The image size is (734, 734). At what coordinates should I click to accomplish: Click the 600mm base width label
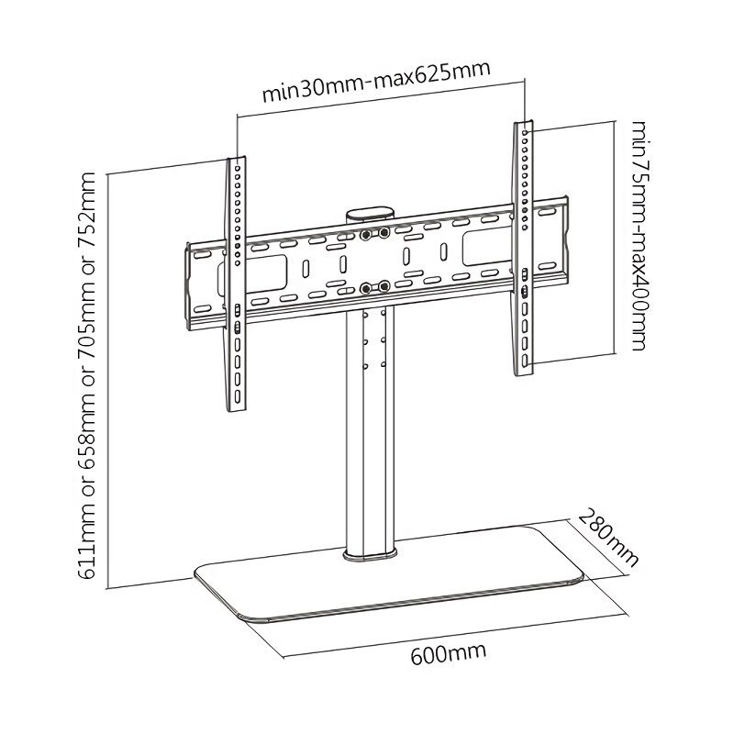pyautogui.click(x=448, y=653)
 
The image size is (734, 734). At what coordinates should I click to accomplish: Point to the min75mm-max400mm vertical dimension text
pyautogui.click(x=639, y=236)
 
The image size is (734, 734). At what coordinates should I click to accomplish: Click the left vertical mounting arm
pyautogui.click(x=237, y=284)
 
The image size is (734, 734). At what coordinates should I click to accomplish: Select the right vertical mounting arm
pyautogui.click(x=523, y=248)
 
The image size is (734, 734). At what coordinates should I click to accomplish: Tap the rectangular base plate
pyautogui.click(x=388, y=573)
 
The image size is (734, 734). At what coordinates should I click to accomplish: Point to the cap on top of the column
pyautogui.click(x=371, y=214)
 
